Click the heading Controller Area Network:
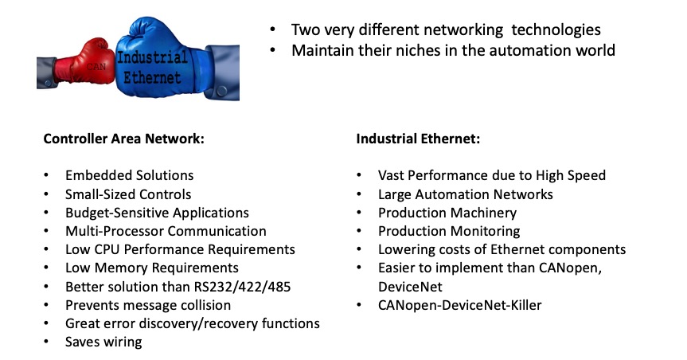point(123,139)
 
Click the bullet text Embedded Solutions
point(129,175)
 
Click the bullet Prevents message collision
point(148,305)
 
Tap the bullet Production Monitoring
point(449,231)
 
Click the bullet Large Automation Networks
point(465,194)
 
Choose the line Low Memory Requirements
point(151,268)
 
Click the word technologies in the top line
point(556,29)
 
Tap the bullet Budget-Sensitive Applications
point(157,213)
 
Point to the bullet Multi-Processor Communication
point(166,231)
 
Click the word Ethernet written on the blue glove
point(154,78)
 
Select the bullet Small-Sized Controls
point(128,194)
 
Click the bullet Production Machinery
point(447,213)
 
